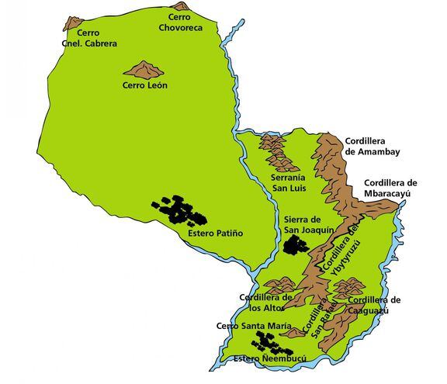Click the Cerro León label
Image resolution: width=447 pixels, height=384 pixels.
145,85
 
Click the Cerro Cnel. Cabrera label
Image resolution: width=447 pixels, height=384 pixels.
92,39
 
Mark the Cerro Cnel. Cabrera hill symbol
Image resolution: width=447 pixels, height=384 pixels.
74,23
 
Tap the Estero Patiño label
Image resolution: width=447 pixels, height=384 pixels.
216,233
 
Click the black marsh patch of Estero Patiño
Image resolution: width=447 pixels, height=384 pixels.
179,210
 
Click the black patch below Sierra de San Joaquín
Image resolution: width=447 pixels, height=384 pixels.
296,246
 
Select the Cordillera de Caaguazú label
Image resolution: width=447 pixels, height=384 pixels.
374,305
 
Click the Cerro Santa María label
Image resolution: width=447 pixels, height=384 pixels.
245,326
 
